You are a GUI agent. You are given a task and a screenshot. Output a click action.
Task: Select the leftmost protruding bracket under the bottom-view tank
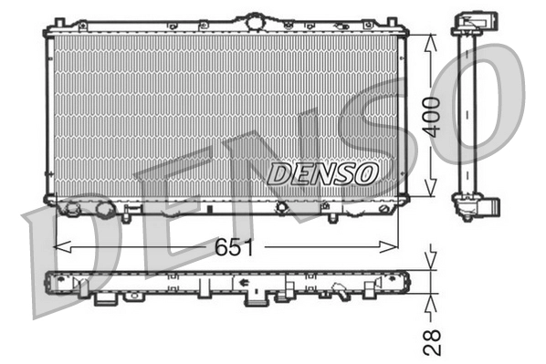tap(105, 298)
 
